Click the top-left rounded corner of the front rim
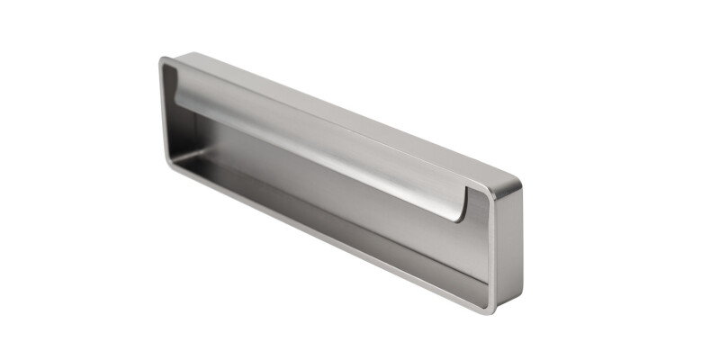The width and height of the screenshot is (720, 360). tap(163, 62)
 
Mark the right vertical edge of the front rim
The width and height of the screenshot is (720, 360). tap(492, 252)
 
